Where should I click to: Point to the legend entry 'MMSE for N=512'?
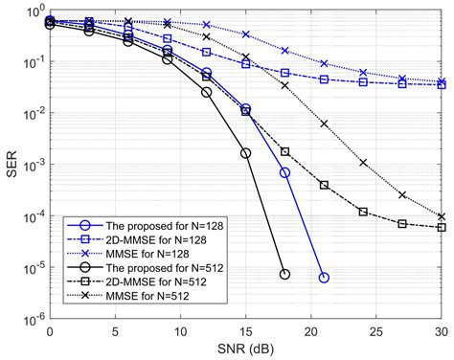point(128,297)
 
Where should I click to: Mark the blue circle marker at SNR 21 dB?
point(324,277)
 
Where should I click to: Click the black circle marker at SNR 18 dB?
point(284,274)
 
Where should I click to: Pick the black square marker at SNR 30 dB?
point(442,227)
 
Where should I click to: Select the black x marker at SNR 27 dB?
point(402,194)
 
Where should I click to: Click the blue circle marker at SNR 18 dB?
point(284,172)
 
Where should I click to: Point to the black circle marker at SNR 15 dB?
point(245,152)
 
